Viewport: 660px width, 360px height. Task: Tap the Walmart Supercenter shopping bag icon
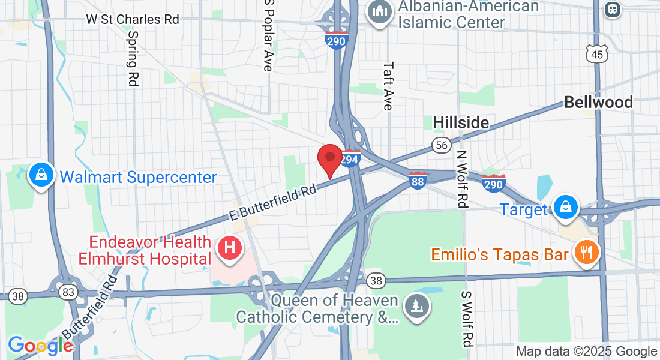(41, 176)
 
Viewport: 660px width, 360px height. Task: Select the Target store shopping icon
(565, 208)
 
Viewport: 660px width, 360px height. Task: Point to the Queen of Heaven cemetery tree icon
(415, 305)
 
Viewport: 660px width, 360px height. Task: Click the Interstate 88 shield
(418, 180)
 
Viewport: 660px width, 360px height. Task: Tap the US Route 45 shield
(598, 53)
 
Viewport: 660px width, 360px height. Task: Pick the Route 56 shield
(441, 145)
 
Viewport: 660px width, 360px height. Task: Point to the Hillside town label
(461, 122)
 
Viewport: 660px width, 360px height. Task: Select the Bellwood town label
(598, 102)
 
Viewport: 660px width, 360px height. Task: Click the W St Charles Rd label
(133, 19)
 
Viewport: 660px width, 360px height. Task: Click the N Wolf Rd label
(461, 178)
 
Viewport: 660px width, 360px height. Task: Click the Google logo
(40, 345)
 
